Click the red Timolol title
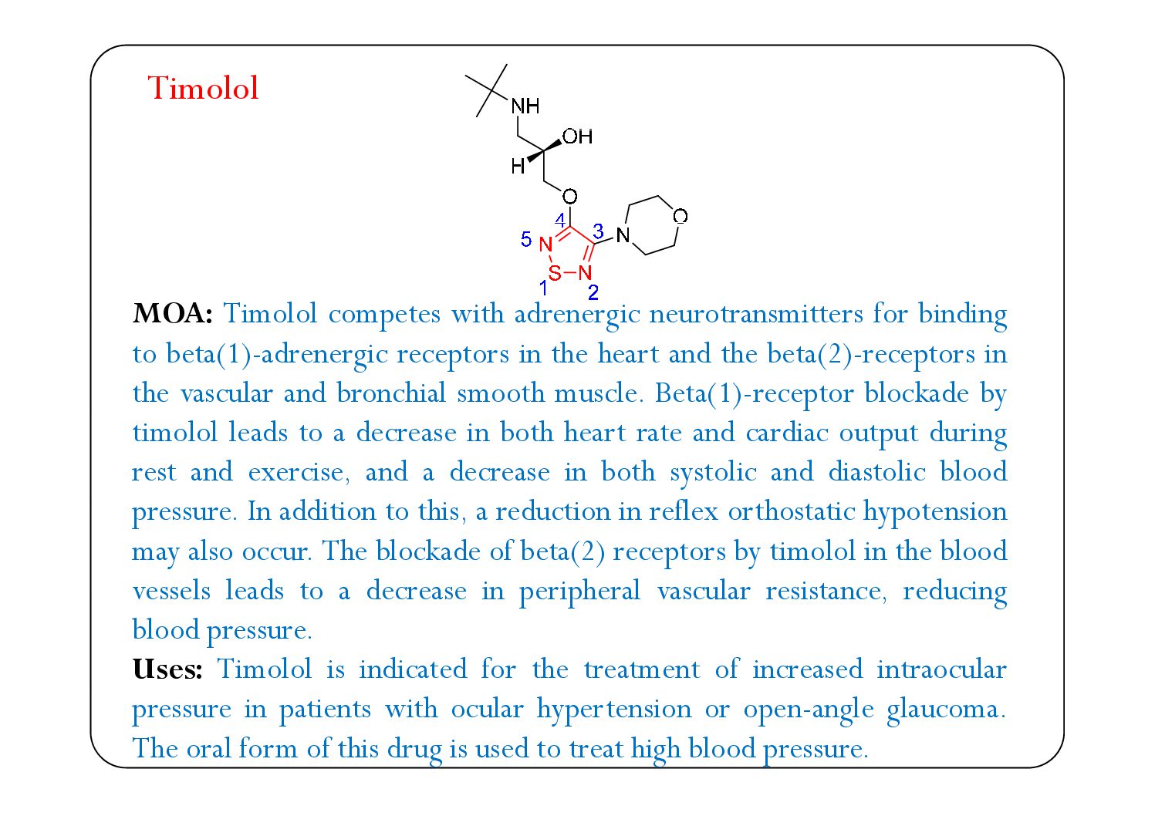tap(203, 89)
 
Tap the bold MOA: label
tap(172, 314)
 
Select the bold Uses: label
tap(167, 669)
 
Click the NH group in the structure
tap(525, 106)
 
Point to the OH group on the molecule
tap(577, 137)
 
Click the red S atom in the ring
tap(554, 273)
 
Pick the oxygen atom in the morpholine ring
tap(680, 217)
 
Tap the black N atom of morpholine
tap(623, 235)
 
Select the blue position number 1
tap(544, 288)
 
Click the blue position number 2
tap(593, 292)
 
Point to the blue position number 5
tap(526, 240)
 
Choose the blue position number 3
tap(598, 231)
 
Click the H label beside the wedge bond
tap(518, 167)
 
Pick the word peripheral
tap(579, 592)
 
